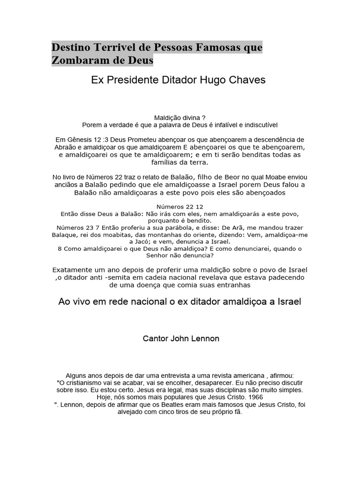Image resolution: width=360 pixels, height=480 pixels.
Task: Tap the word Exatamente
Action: (76, 270)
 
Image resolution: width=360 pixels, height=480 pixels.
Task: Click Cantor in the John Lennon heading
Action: (155, 338)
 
